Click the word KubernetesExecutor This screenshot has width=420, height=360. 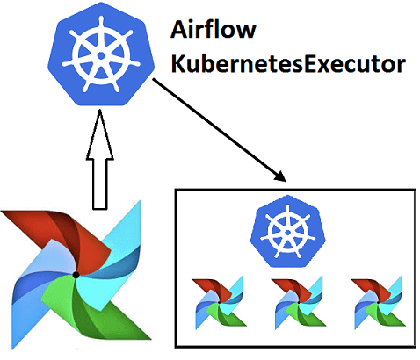point(286,64)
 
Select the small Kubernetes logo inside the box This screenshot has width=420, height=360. point(284,231)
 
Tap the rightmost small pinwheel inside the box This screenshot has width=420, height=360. point(373,303)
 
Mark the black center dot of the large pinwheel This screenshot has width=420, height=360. point(76,275)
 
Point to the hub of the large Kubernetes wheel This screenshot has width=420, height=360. point(101,54)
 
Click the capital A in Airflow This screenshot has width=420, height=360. point(177,32)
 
